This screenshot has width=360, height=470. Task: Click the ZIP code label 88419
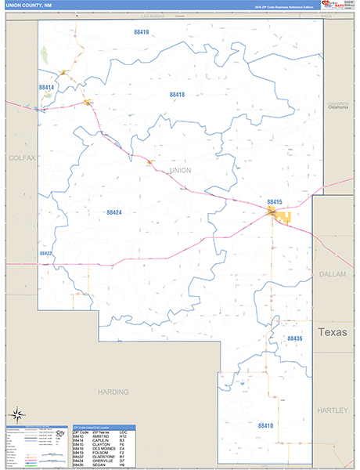coord(141,32)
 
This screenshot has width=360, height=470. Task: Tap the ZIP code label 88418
coord(177,94)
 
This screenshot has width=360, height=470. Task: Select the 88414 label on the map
coord(46,88)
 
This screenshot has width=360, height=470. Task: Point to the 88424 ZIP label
coord(114,212)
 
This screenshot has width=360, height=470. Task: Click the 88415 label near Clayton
coord(274,201)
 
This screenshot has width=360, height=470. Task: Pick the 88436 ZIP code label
coord(294,338)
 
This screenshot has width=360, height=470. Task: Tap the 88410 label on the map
coord(265,425)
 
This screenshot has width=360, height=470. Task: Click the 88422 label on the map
coord(46,254)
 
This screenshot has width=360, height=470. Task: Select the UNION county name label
coord(180,170)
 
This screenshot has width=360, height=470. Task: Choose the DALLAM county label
coord(335,273)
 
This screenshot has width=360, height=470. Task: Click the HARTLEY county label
coord(333,410)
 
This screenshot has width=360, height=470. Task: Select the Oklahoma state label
coord(338,107)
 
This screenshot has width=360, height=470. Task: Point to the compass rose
coord(16,415)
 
